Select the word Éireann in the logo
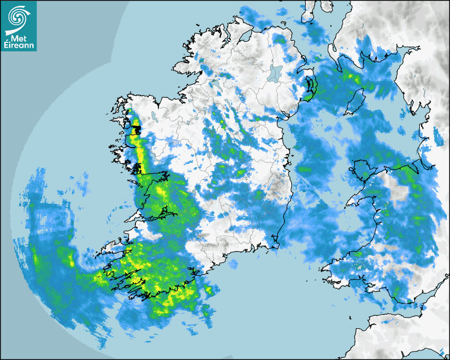[x=19, y=44]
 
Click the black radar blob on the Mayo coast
[x=136, y=130]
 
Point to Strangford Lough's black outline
[x=310, y=85]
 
